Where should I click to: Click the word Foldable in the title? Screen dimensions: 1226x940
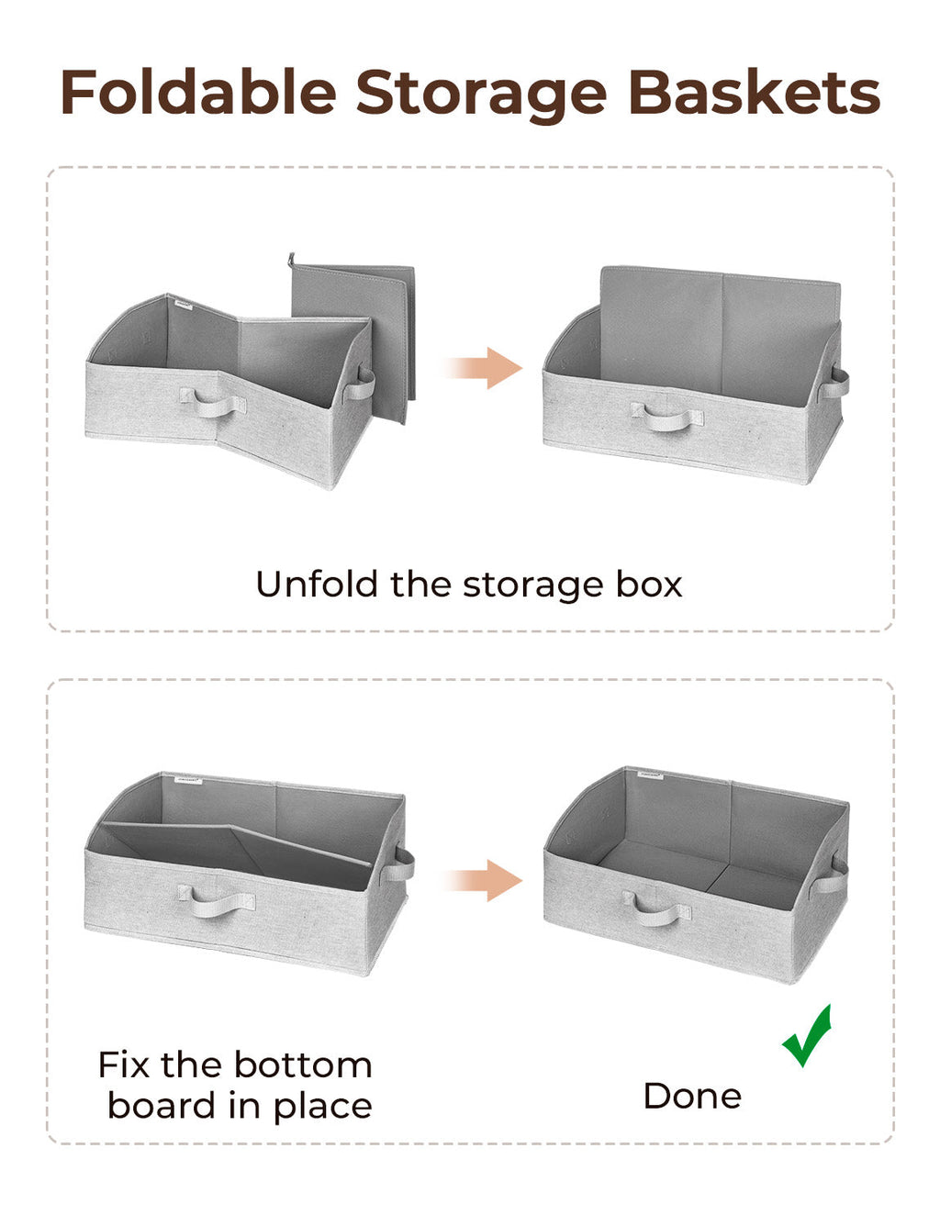198,93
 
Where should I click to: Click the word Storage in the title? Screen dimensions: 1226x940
481,95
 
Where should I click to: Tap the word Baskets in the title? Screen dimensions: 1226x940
754,93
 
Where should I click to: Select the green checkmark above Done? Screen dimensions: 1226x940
808,1037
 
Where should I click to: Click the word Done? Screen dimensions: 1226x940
692,1096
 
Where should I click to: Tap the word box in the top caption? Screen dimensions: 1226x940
648,585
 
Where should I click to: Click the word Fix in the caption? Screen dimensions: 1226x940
124,1065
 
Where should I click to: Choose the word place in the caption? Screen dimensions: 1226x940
322,1107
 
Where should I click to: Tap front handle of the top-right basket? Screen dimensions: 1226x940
666,418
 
